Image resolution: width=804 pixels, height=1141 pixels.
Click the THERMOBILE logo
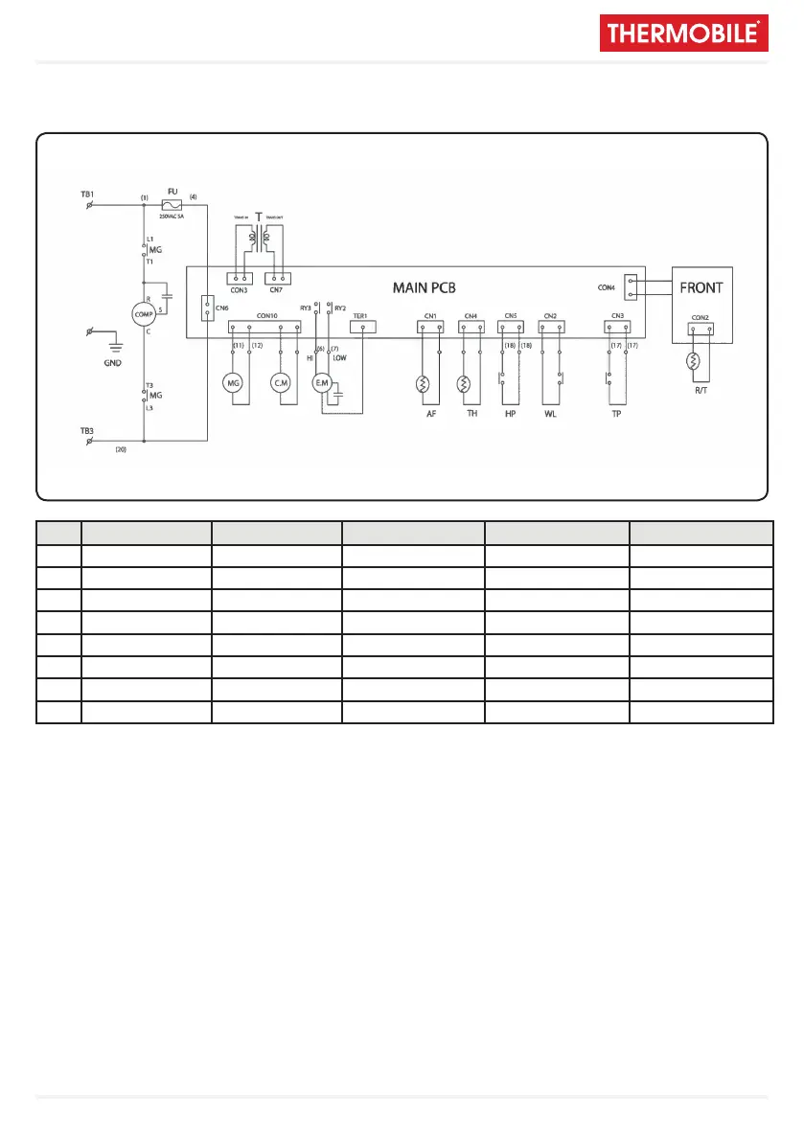point(684,34)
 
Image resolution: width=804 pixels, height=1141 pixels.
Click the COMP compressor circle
point(144,313)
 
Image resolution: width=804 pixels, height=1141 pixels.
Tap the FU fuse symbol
point(173,205)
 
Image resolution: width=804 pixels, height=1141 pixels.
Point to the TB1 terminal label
point(87,194)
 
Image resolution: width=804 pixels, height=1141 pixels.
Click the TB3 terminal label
point(87,431)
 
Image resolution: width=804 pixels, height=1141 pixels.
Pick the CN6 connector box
point(208,308)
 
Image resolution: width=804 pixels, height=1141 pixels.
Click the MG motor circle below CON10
point(232,383)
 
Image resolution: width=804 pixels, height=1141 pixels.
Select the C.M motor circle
point(281,383)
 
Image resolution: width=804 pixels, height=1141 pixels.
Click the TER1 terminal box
point(362,327)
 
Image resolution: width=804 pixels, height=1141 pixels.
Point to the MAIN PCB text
point(428,287)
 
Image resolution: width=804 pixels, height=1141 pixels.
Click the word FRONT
point(701,287)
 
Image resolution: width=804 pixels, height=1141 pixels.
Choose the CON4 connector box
point(630,287)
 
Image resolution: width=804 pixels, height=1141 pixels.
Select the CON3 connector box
point(241,279)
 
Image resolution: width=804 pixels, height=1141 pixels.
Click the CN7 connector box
point(276,279)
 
